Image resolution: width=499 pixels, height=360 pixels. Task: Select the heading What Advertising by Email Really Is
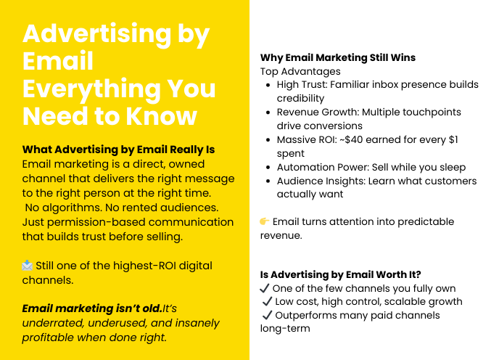[x=119, y=150]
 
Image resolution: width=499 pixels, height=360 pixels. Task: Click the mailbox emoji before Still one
[x=28, y=266]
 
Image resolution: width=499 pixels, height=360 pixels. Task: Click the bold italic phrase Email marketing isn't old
[x=91, y=308]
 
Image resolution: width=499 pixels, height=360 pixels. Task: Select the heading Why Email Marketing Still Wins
[x=338, y=57]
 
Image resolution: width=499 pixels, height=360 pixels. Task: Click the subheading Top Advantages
[x=300, y=71]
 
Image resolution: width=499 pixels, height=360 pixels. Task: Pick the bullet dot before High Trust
[x=268, y=85]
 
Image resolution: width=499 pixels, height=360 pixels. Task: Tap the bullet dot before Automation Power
[x=268, y=168]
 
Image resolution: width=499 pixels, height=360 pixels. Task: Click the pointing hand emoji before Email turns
[x=265, y=221]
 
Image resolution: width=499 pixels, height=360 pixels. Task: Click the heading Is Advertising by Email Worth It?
[x=340, y=274]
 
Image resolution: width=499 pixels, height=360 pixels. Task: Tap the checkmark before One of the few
[x=265, y=288]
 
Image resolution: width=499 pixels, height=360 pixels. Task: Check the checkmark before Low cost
[x=267, y=302]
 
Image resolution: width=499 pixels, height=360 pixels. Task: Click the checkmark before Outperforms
[x=267, y=315]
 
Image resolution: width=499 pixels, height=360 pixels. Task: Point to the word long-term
[x=285, y=329]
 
